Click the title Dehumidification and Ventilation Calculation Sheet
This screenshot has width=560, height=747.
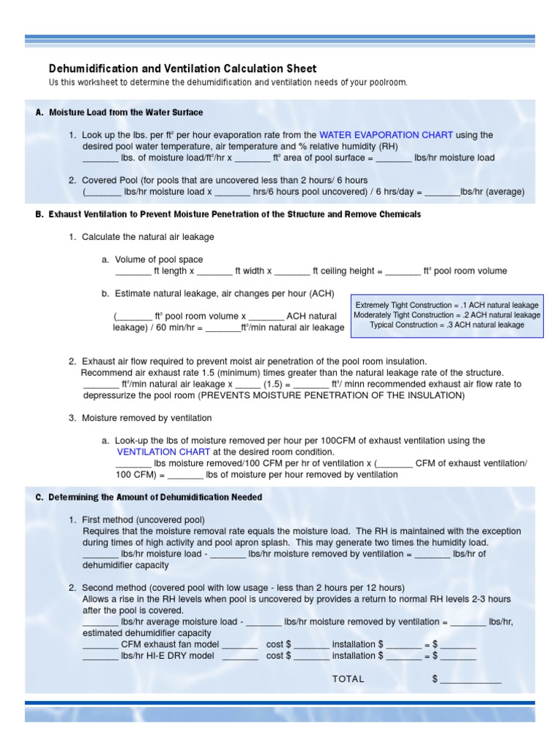[x=182, y=69]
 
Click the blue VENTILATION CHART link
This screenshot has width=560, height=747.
[x=157, y=452]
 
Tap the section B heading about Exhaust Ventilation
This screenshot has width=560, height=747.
[x=227, y=214]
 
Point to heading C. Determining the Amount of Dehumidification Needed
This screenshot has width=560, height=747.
[x=149, y=497]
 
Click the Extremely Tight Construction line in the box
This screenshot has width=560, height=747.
[x=447, y=305]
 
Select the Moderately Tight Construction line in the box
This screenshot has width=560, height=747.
[x=447, y=315]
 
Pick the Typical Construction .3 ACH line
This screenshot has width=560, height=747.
[x=447, y=325]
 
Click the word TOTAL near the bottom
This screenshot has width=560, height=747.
[x=348, y=678]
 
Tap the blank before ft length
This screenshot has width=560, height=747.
[x=133, y=272]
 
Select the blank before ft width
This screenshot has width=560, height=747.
[x=214, y=272]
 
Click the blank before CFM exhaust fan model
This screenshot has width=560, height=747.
[x=101, y=646]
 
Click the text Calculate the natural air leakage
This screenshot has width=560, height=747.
[x=148, y=237]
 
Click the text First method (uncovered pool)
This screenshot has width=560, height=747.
[x=143, y=519]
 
